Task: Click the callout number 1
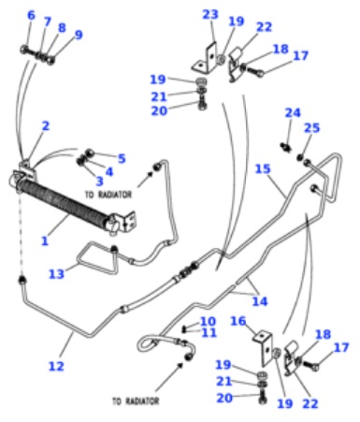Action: click(45, 240)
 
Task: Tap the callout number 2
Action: click(46, 126)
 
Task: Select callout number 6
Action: click(31, 15)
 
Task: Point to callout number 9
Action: click(79, 35)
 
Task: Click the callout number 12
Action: click(56, 366)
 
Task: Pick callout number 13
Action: click(56, 274)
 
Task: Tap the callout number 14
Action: click(260, 301)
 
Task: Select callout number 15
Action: click(263, 168)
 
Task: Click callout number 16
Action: click(238, 321)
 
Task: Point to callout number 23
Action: click(210, 14)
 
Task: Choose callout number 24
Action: click(293, 112)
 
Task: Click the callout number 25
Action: click(311, 127)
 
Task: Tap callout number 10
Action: click(208, 321)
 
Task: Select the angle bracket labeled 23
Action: click(206, 58)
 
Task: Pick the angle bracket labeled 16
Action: click(264, 348)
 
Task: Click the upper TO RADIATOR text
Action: click(108, 195)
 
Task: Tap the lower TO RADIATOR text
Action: click(136, 400)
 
